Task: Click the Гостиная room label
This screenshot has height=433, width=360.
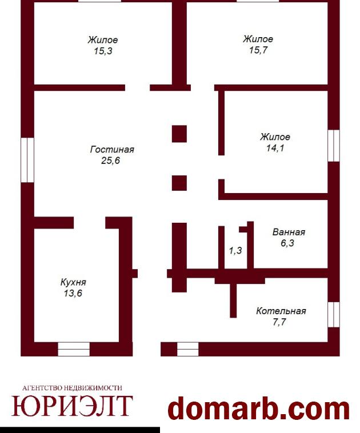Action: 112,150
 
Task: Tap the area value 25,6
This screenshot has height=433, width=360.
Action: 110,161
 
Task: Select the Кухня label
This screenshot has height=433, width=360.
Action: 73,283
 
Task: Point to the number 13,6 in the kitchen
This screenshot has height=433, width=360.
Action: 73,293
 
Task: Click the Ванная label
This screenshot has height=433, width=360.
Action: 289,232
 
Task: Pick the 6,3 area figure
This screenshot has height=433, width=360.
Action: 287,243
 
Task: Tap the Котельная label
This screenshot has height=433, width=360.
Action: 281,311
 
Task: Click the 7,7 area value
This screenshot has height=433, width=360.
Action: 279,322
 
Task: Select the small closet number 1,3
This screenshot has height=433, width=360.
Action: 235,250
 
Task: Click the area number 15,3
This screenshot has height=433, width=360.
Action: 103,51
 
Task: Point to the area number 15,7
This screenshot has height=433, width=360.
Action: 258,50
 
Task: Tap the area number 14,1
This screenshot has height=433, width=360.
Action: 275,148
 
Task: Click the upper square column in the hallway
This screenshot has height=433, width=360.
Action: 179,134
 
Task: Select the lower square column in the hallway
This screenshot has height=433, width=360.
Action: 179,183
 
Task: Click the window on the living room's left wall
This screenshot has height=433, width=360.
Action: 27,160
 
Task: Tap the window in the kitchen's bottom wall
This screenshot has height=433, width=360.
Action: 74,350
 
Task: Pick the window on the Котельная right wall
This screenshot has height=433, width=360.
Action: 334,315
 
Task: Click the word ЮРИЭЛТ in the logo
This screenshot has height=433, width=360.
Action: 72,406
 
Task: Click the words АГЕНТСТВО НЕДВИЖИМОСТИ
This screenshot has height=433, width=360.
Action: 72,388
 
